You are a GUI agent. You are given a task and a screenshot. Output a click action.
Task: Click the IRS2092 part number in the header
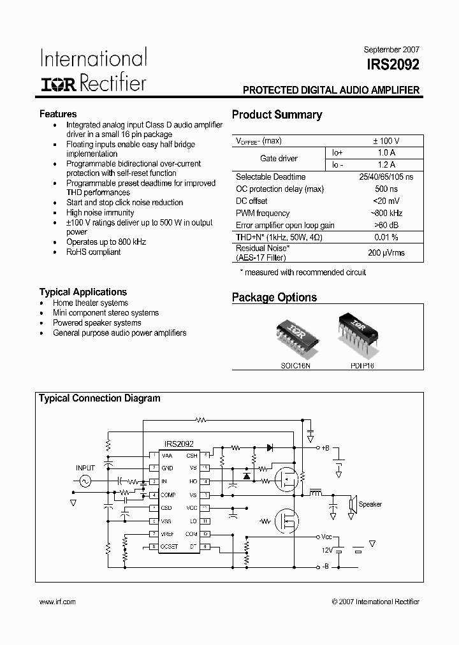tap(393, 64)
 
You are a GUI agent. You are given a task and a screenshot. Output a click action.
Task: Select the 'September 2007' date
tap(391, 49)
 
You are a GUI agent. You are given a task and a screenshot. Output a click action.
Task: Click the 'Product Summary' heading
tap(277, 115)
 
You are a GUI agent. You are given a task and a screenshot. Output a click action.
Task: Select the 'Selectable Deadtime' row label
tap(270, 177)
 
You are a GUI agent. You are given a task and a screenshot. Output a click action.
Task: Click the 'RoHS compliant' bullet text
tap(93, 252)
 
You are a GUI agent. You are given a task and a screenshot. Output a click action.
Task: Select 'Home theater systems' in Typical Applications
tap(91, 303)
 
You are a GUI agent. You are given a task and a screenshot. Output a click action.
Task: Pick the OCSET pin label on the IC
tap(170, 547)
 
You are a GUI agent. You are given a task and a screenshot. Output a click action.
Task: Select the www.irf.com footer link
tap(57, 602)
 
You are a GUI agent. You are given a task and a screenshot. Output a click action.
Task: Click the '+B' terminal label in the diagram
tap(326, 448)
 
